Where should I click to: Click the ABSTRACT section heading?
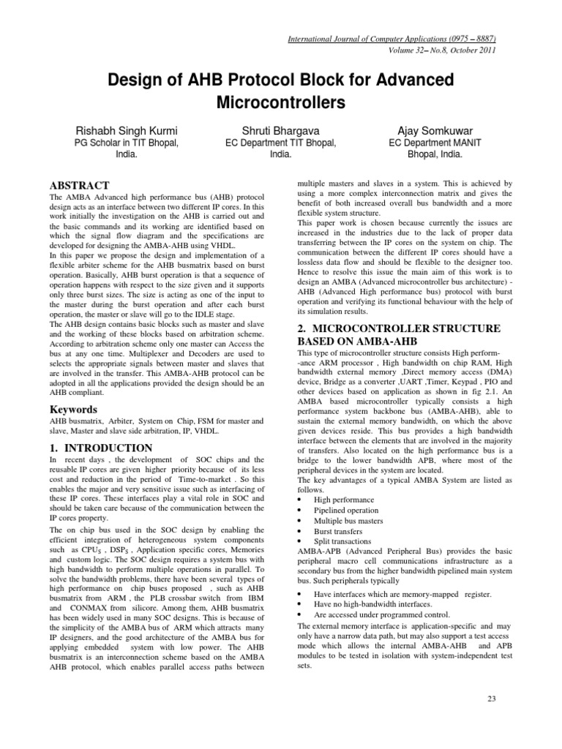tap(79, 186)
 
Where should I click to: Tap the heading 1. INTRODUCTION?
tap(101, 448)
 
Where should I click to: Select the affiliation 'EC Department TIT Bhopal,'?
tap(281, 143)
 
